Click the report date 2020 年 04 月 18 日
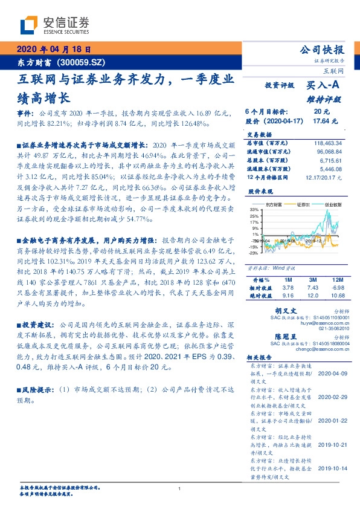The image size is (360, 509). [x=54, y=50]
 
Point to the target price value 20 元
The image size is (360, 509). [x=321, y=112]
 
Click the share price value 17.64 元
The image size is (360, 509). [x=321, y=120]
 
